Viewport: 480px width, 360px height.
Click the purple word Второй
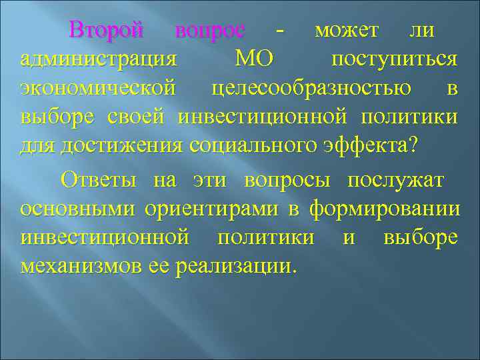click(x=107, y=31)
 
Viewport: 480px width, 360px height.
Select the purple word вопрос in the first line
click(x=209, y=31)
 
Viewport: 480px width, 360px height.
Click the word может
click(x=347, y=31)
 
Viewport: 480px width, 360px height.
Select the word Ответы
click(x=99, y=181)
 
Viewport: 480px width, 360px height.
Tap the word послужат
click(x=396, y=181)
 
